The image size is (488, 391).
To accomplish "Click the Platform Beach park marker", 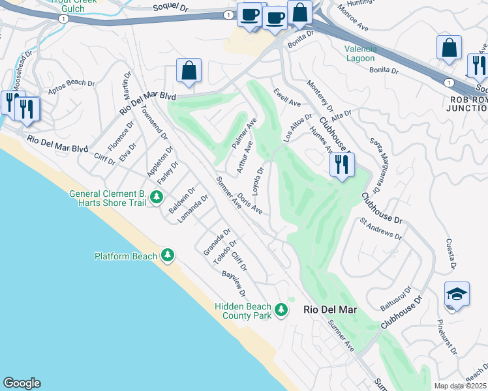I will [168, 255].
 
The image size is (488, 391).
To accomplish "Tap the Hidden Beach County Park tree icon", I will [281, 309].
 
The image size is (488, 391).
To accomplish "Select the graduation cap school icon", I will [457, 294].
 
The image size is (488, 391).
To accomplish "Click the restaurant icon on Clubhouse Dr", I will [342, 164].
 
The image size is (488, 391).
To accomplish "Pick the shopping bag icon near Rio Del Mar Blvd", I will [189, 71].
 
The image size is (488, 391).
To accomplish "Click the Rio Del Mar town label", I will [330, 310].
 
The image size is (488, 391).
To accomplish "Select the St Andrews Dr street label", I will [381, 228].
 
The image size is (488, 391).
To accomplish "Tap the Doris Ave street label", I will [250, 203].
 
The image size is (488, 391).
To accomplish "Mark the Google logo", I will [22, 383].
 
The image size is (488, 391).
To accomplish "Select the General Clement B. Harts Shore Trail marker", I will [156, 196].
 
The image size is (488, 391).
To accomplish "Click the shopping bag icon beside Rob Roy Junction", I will [449, 48].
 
